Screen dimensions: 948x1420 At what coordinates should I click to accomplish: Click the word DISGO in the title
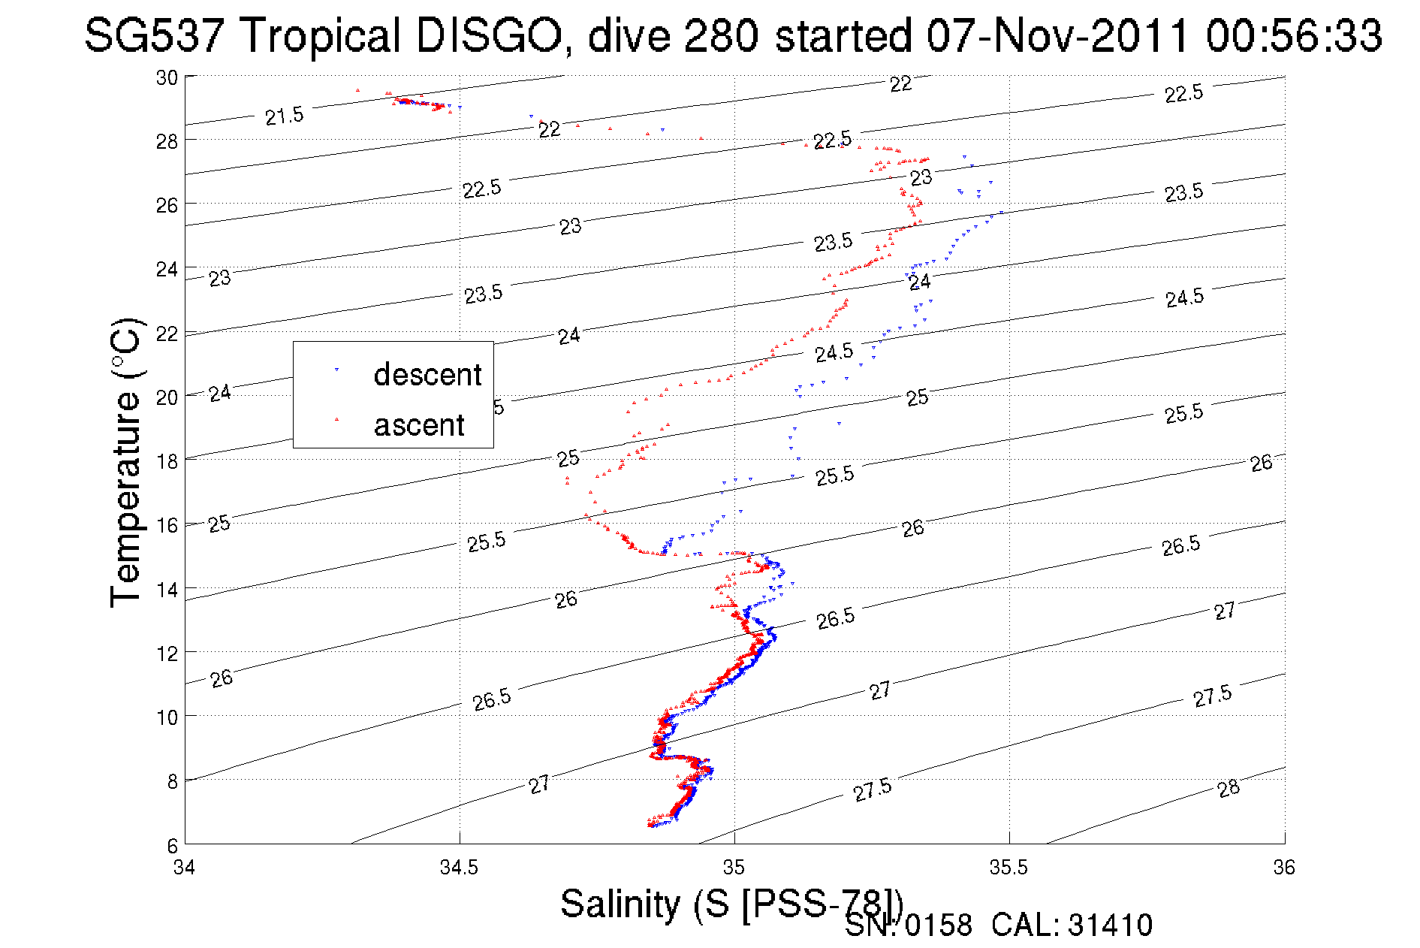pos(488,35)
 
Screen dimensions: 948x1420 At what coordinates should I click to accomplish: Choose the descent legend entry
pos(427,374)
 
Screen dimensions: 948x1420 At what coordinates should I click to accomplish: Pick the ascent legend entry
pos(419,425)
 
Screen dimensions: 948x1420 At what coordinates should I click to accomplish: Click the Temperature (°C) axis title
pos(125,462)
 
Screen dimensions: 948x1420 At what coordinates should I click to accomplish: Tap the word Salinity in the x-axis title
pos(620,904)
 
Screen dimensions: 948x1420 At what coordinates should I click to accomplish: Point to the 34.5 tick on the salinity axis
pos(459,868)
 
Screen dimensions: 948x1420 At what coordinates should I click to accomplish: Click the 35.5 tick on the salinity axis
pos(1008,868)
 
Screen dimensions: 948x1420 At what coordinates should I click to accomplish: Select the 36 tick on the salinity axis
pos(1283,868)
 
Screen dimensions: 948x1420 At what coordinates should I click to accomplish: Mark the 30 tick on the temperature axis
pos(167,77)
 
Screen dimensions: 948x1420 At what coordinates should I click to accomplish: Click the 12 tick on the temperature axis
pos(167,654)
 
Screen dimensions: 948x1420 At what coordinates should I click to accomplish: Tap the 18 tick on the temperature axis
pos(167,461)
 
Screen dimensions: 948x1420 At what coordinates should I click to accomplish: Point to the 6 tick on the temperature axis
pos(172,845)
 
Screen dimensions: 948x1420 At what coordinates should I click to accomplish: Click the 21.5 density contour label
pos(284,116)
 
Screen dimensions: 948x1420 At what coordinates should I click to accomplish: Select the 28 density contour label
pos(1229,789)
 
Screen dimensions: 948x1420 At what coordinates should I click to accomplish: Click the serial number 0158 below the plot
pos(938,925)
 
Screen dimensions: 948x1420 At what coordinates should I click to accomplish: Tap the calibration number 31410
pos(1110,925)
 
